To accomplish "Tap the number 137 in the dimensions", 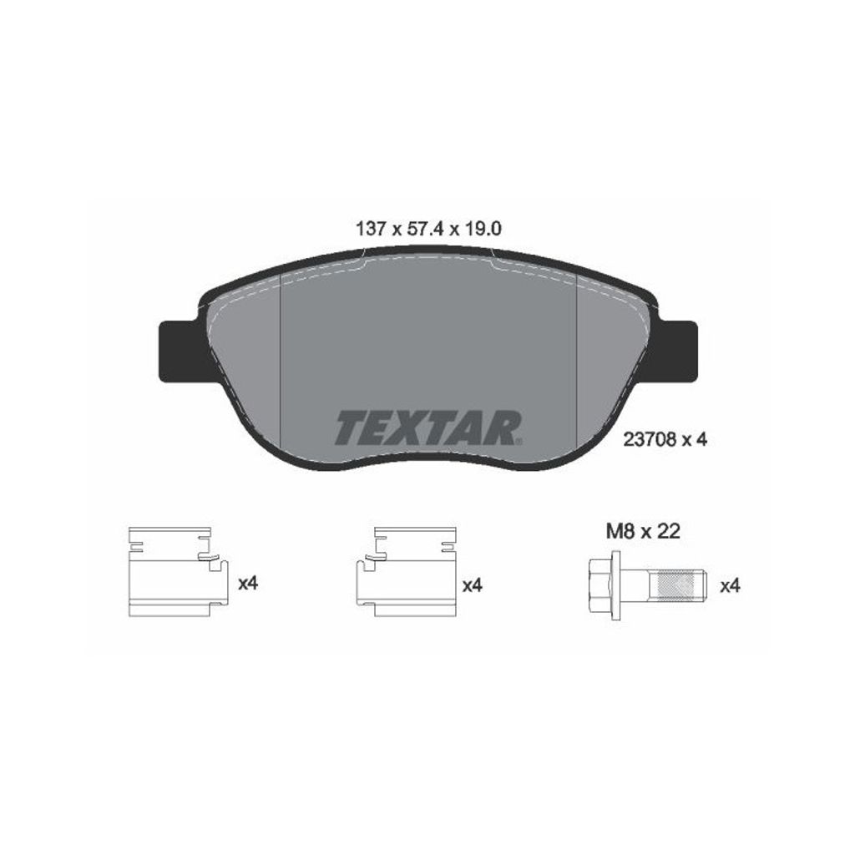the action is point(372,229).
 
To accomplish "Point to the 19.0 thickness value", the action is point(482,229).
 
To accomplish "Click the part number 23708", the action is point(650,439).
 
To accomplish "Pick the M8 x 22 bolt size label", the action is point(644,531).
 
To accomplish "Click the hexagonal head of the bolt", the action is point(600,585).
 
